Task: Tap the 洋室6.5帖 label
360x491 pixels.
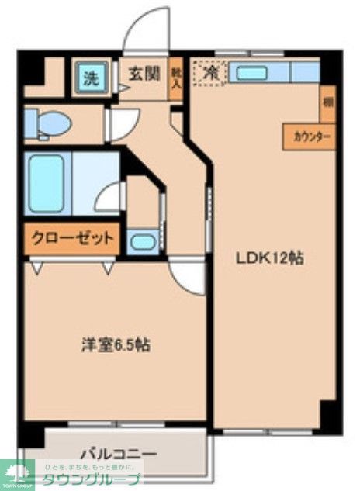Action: [116, 345]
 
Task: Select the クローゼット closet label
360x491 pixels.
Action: [71, 238]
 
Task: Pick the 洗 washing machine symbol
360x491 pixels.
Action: [92, 78]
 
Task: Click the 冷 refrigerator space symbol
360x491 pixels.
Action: [209, 74]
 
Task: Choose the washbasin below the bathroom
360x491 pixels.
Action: [143, 241]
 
